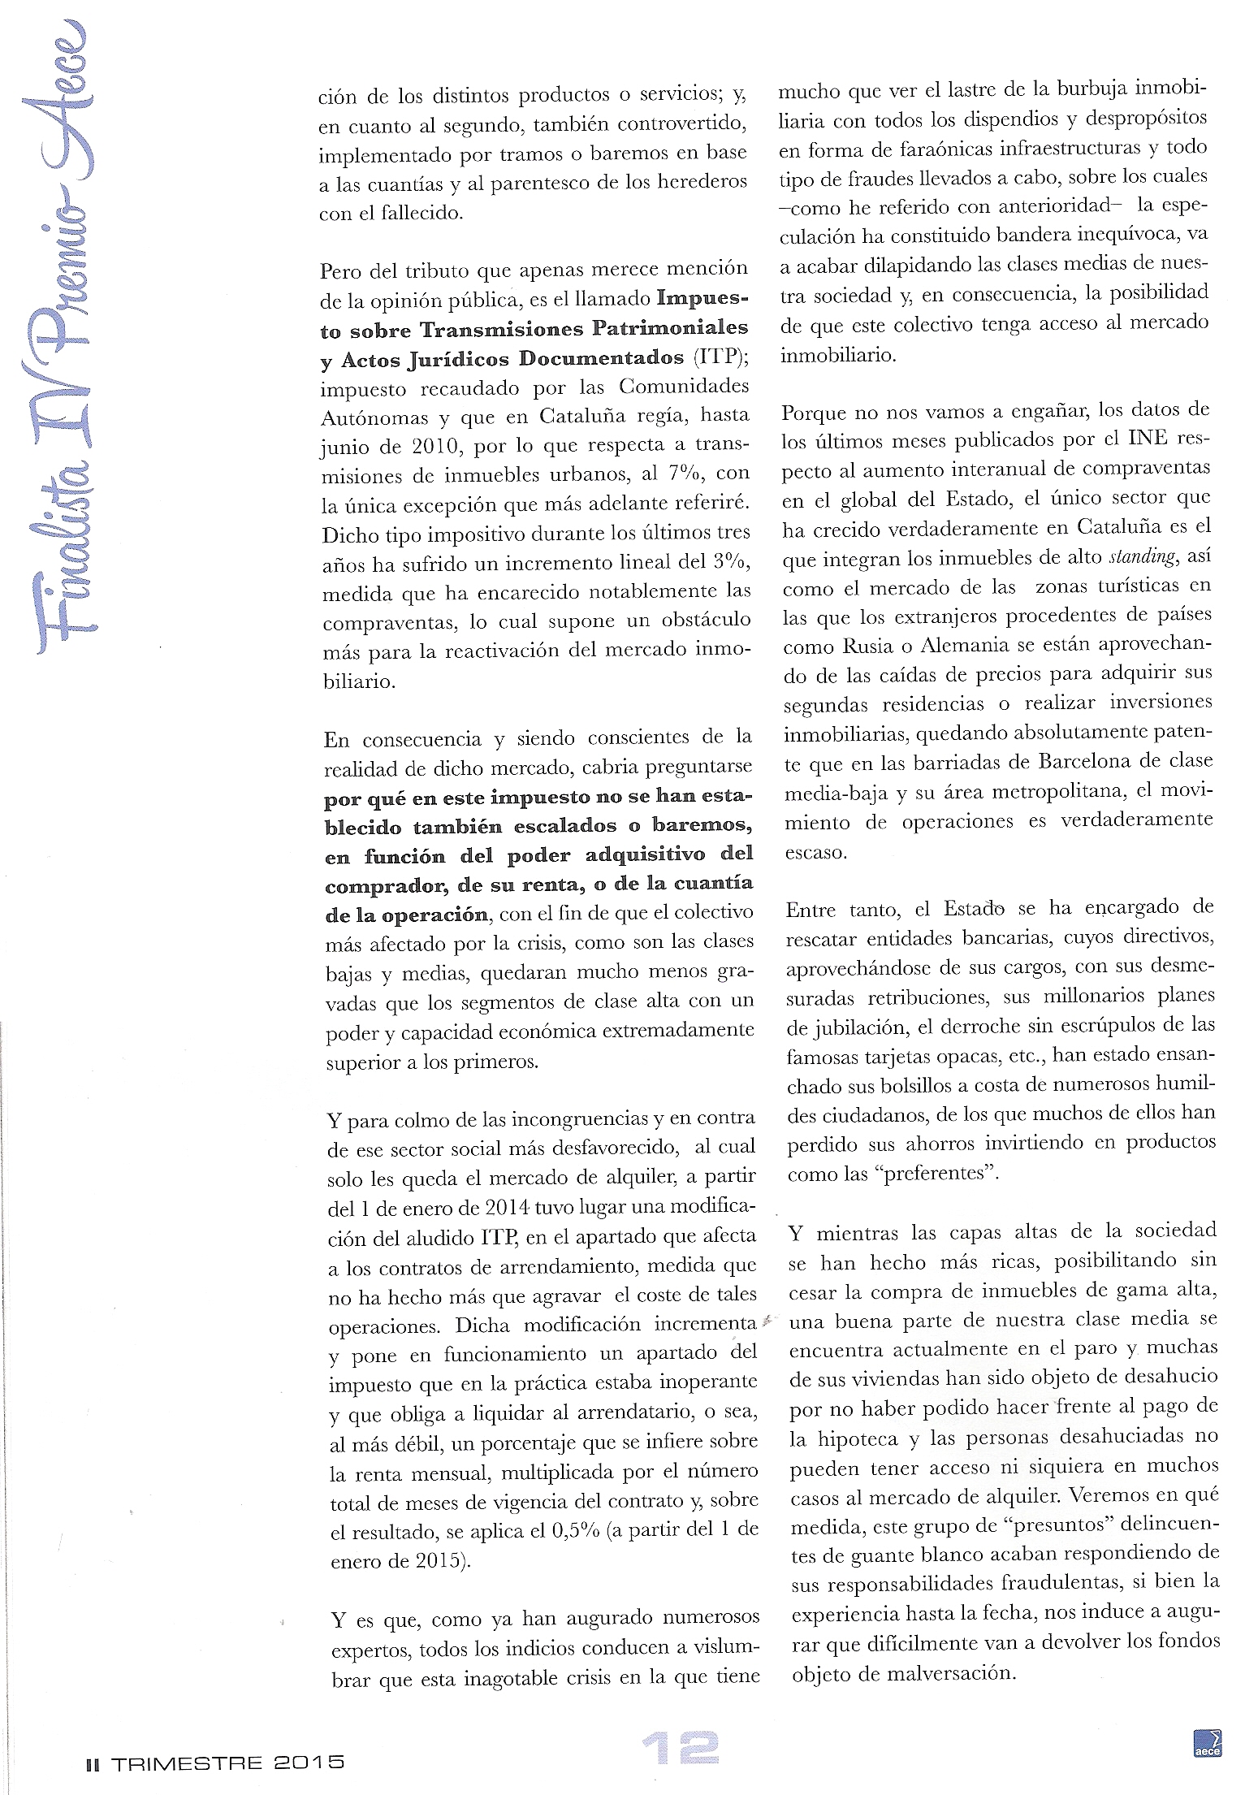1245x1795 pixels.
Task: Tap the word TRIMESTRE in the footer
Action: (x=187, y=1763)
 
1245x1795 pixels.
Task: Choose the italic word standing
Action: (x=1141, y=557)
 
